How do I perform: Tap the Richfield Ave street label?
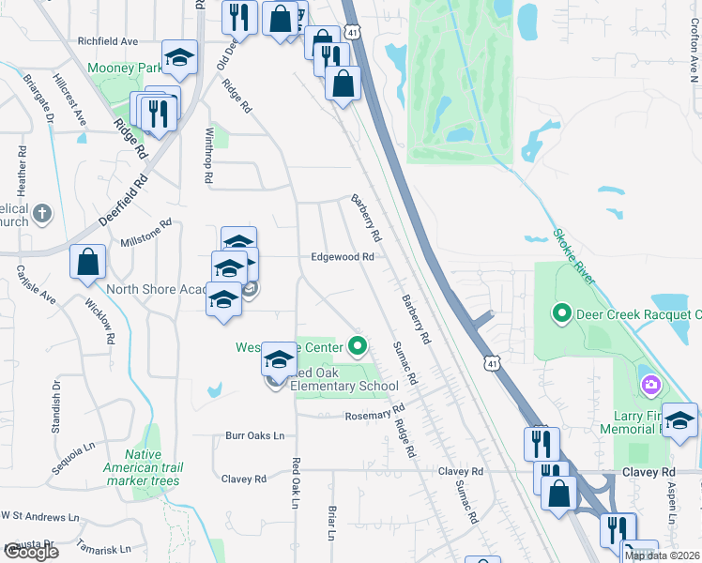pos(108,41)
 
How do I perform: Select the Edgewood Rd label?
pos(343,257)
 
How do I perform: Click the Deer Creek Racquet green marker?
pos(562,312)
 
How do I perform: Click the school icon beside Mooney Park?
pos(179,58)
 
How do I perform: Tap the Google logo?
pos(30,552)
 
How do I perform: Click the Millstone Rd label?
pos(146,235)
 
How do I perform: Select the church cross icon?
pos(41,215)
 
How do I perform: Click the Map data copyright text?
pos(662,555)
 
